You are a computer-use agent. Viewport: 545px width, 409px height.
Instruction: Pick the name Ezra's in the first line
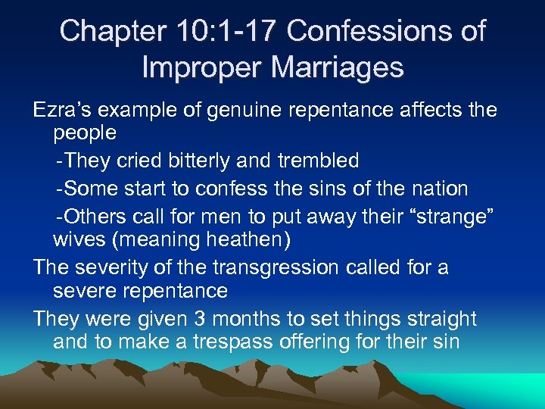(65, 110)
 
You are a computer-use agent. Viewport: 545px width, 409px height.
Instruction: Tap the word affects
(422, 110)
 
